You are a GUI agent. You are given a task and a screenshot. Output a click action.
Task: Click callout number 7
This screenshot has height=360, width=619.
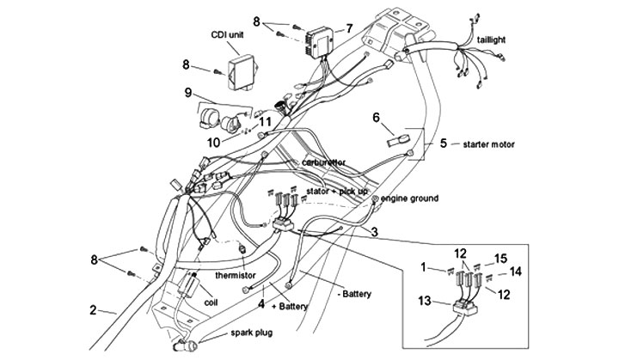tap(349, 28)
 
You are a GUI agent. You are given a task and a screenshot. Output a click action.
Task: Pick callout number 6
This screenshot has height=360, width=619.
tap(376, 117)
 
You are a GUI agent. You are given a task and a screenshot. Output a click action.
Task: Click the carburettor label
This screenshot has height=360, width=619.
tap(322, 162)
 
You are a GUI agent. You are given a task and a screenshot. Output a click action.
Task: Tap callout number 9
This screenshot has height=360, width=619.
tap(187, 93)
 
